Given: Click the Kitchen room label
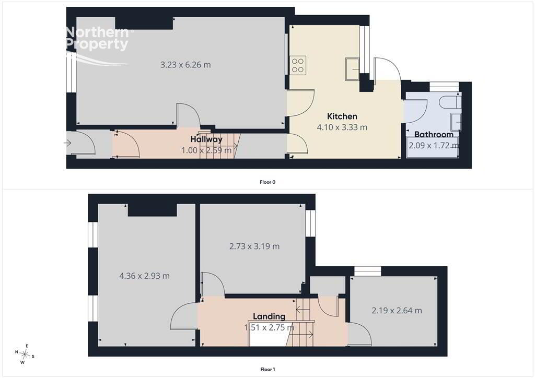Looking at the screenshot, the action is (x=342, y=116).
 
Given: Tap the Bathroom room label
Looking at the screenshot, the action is (x=434, y=134).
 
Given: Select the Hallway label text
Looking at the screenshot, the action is (x=206, y=139).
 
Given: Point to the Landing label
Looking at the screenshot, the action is (x=269, y=316).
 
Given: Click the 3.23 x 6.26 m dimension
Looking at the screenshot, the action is (x=185, y=64).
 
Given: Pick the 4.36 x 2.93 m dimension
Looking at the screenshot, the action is (x=144, y=276).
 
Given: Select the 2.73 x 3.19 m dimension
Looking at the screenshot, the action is (x=254, y=246).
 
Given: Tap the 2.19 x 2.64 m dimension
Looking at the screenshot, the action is (x=397, y=311).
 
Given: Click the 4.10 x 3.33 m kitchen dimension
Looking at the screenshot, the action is (x=342, y=127).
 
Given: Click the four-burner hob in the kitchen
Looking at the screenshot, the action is (x=298, y=65).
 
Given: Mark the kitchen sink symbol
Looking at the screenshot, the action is (x=352, y=69).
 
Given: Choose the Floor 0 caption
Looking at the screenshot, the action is (x=267, y=182).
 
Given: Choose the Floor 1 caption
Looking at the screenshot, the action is (x=267, y=369).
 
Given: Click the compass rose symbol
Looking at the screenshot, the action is (x=25, y=354).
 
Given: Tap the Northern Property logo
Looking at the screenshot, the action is (x=98, y=45).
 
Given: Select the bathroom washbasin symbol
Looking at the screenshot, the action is (x=456, y=122).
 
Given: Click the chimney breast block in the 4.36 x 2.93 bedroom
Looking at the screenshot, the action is (x=153, y=210).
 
